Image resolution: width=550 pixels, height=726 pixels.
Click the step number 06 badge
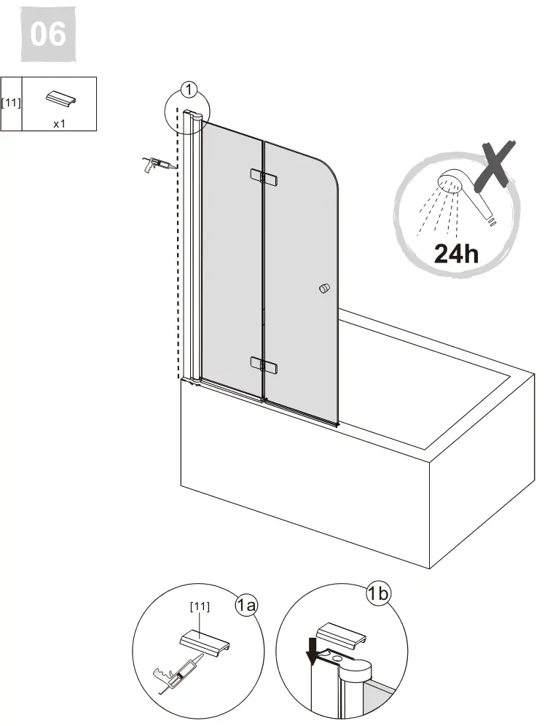[47, 34]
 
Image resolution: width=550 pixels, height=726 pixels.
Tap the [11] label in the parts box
[11, 102]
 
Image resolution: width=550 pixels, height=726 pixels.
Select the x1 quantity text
[59, 124]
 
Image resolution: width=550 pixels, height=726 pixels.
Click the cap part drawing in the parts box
[61, 99]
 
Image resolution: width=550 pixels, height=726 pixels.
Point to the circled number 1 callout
[189, 90]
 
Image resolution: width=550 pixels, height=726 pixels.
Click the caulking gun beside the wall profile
[158, 164]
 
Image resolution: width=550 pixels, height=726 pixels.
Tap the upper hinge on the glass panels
[264, 177]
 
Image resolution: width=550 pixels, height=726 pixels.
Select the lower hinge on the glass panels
[264, 364]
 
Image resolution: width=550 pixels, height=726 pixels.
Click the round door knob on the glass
[325, 289]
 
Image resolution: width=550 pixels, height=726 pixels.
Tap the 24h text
[456, 253]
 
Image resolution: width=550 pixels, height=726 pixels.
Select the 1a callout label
[246, 605]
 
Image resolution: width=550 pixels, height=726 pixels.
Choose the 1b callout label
[378, 593]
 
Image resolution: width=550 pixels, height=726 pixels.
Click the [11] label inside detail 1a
[200, 606]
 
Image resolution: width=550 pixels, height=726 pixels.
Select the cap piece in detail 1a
[205, 642]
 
